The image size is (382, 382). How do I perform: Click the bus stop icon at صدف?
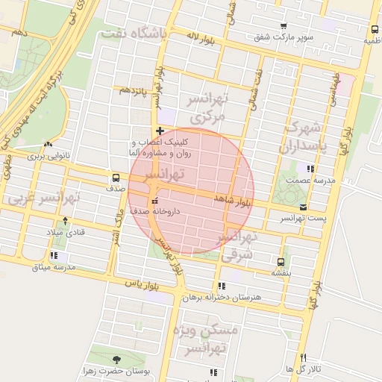116,178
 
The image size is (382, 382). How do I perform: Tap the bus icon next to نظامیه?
373,30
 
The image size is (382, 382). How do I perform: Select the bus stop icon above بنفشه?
281,262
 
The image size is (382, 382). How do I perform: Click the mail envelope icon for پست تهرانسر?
302,207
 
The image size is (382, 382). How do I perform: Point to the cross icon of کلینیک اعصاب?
159,131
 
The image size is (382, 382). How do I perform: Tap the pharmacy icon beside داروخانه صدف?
154,201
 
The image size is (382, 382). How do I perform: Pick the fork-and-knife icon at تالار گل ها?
302,357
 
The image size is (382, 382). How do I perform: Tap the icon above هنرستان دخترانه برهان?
221,286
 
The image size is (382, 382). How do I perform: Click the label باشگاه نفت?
139,34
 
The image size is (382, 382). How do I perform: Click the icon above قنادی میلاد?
66,220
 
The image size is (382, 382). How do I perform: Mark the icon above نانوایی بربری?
48,144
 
